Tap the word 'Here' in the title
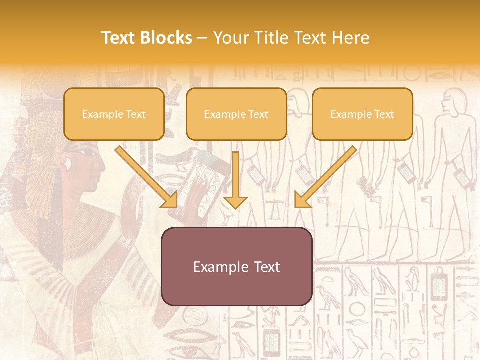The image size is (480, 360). coord(352,38)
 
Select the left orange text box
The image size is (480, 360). coord(114,114)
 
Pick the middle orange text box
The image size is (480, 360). coord(236,114)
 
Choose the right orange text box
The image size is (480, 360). coord(362,114)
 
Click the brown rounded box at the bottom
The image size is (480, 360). coord(237,266)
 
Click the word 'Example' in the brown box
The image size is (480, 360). coord(218,267)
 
